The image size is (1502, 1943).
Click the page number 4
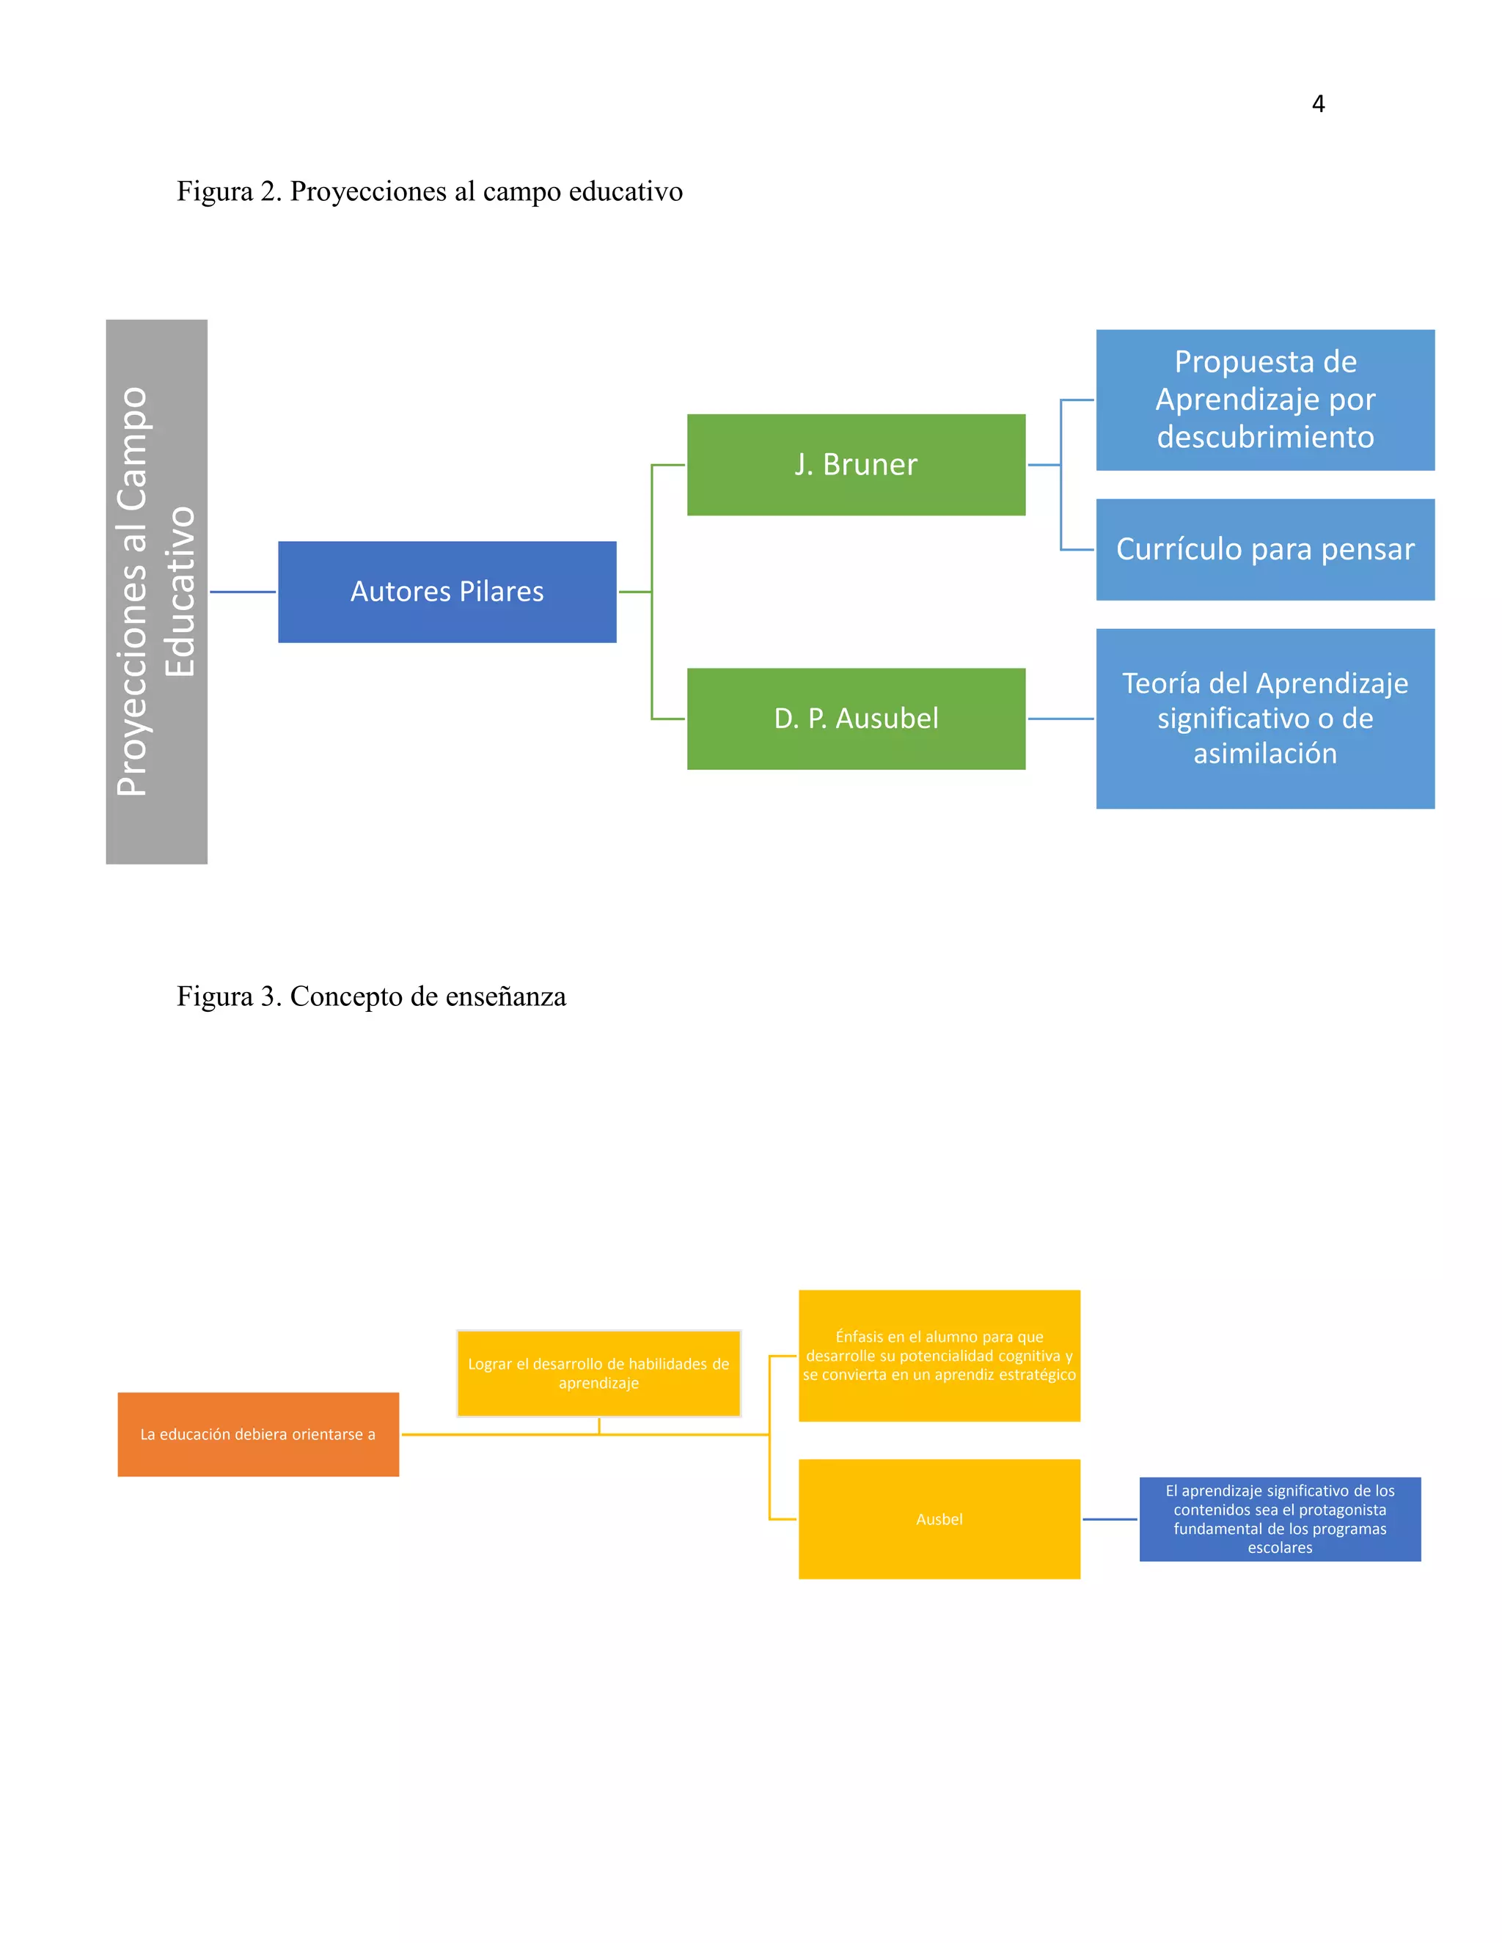[1318, 105]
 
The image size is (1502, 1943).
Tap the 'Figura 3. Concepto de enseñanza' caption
[371, 996]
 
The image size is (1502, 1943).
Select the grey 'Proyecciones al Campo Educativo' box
[157, 592]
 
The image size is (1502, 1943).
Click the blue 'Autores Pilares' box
[447, 592]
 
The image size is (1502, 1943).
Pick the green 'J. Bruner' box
[855, 464]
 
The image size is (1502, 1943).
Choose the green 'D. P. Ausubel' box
[855, 719]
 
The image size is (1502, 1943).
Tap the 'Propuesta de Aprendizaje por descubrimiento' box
[1264, 400]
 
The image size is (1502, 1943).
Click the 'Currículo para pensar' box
[1264, 549]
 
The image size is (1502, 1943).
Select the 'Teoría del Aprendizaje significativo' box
[1264, 718]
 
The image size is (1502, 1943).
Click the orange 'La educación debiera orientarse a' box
[258, 1434]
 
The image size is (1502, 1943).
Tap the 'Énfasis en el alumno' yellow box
[939, 1355]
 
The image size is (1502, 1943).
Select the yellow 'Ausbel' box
[939, 1518]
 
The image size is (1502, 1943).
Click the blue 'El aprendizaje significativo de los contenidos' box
[1280, 1518]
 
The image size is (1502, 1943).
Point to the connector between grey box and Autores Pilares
[243, 592]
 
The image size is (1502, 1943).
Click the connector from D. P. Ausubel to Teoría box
[1060, 719]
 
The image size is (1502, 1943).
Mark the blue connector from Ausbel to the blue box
[1110, 1519]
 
